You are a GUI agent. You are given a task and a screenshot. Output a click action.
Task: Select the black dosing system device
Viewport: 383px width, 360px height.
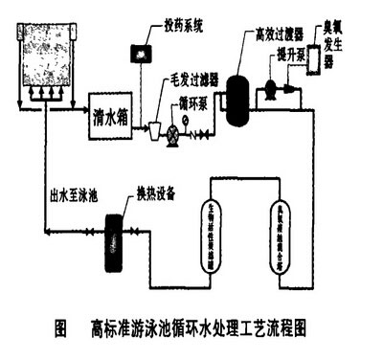pos(145,49)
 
